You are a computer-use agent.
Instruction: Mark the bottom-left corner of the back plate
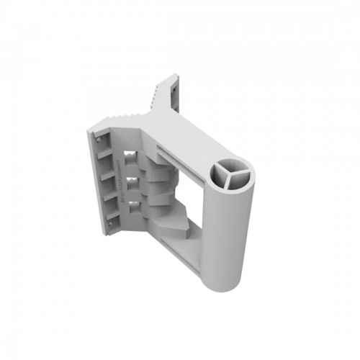107,236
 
